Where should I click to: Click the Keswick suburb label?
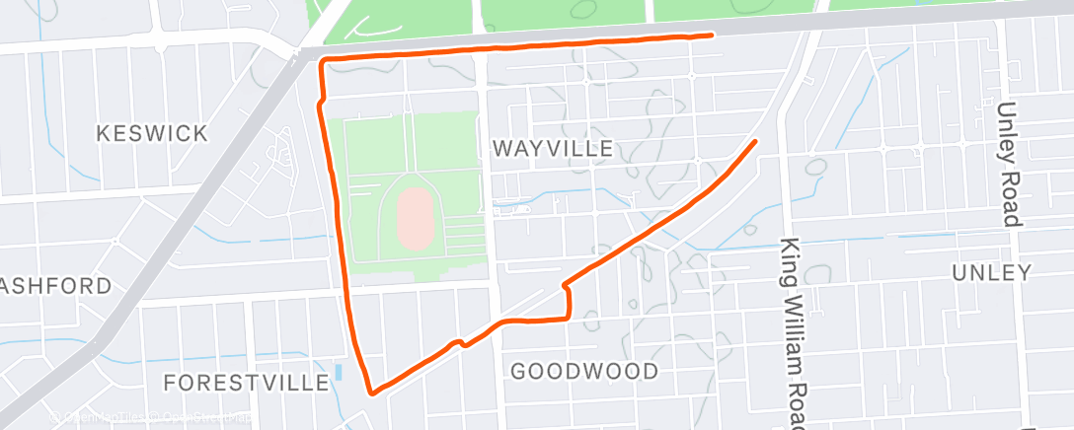[x=151, y=133]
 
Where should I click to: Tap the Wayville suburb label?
[x=553, y=149]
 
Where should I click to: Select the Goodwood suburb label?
[x=584, y=371]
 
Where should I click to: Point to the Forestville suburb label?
[x=246, y=382]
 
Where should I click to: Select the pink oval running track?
[x=415, y=216]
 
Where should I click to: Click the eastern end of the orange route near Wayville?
[x=755, y=142]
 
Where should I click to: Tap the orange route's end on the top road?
[x=711, y=36]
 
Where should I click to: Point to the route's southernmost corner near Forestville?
[x=372, y=393]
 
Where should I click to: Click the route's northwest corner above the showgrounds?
[x=322, y=62]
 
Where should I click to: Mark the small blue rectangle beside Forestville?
[x=340, y=374]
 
